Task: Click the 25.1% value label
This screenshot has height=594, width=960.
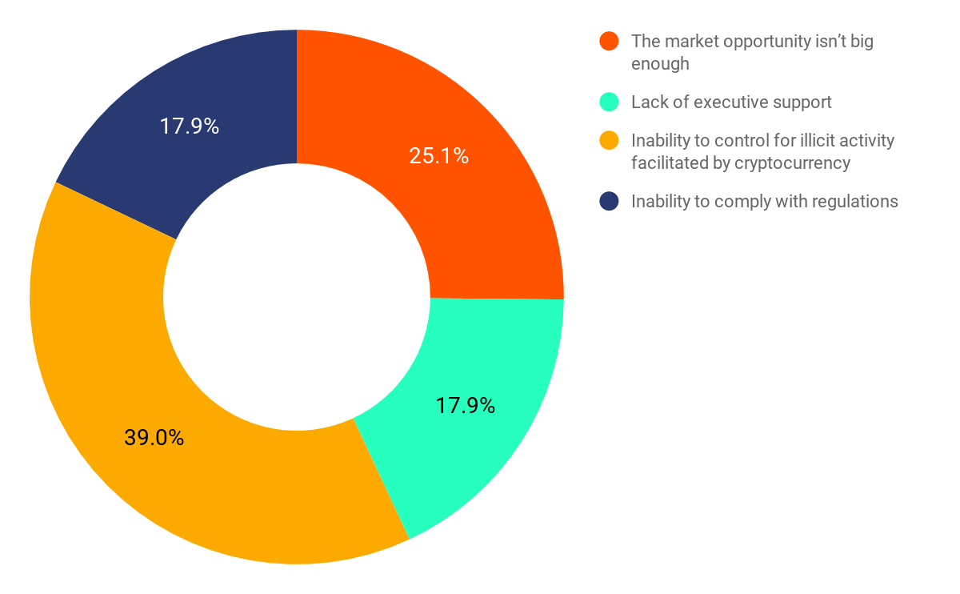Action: coord(438,156)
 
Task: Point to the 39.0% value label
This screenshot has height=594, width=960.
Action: coord(154,438)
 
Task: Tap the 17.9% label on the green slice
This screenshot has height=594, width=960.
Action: coord(465,406)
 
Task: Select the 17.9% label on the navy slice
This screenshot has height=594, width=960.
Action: coord(189,126)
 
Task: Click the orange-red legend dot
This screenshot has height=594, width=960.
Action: coord(610,42)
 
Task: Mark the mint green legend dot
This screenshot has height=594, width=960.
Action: coord(610,102)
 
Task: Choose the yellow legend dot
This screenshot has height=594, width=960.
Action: coord(610,141)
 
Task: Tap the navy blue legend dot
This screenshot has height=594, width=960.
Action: coord(610,202)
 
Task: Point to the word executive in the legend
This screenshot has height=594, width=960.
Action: coord(730,102)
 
